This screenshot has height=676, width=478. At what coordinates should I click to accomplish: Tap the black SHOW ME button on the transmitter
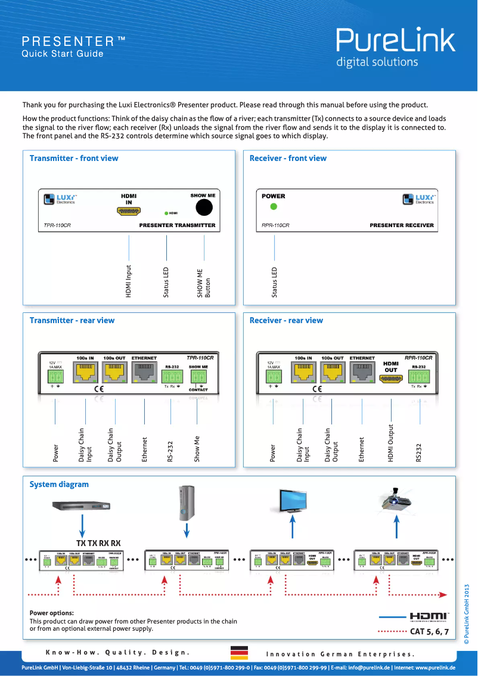point(204,206)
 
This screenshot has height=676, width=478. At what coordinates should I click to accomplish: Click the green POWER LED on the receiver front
point(274,207)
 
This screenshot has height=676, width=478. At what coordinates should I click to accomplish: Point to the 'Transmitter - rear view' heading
point(72,320)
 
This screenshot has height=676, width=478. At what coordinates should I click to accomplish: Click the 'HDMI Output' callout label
point(391,443)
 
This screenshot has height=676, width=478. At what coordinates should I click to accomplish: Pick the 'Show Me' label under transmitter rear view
point(197,449)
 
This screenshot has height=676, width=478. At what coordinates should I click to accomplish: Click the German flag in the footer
point(239,653)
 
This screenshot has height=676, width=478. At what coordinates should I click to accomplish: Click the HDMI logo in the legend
point(429,616)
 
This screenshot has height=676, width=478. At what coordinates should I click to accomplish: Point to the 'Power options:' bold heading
point(52,613)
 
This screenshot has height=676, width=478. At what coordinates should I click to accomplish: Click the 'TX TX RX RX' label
point(98,543)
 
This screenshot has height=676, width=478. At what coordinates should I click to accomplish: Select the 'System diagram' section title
point(59,484)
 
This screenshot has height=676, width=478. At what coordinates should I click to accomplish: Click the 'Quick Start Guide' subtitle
point(63,54)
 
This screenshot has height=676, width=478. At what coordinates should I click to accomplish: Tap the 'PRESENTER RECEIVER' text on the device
point(402,225)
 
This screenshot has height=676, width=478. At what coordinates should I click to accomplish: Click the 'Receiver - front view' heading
point(288,158)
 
